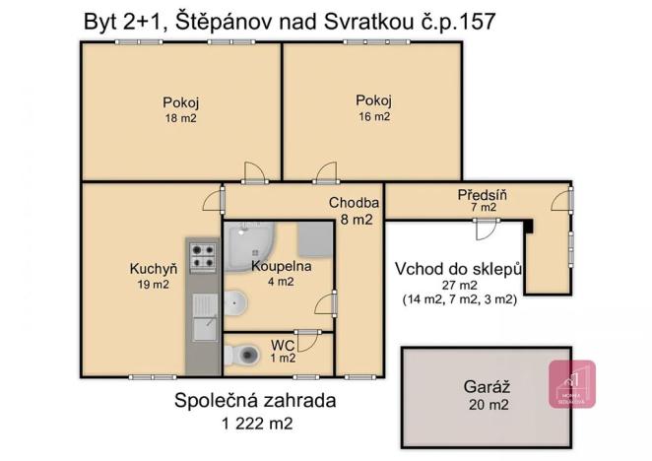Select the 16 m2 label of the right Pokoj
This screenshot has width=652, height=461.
point(373,116)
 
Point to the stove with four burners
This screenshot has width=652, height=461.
point(202,256)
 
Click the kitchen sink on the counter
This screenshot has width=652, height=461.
point(204,317)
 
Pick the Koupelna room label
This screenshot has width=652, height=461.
point(281,266)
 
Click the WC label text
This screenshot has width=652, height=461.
point(281,345)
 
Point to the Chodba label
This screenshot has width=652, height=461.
point(351,203)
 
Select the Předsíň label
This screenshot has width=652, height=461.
point(482,194)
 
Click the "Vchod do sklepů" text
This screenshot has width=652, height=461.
point(458,268)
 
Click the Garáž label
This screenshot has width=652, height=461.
point(486,388)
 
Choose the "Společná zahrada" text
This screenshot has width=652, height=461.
point(255,401)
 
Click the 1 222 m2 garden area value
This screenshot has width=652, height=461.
point(257,424)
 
